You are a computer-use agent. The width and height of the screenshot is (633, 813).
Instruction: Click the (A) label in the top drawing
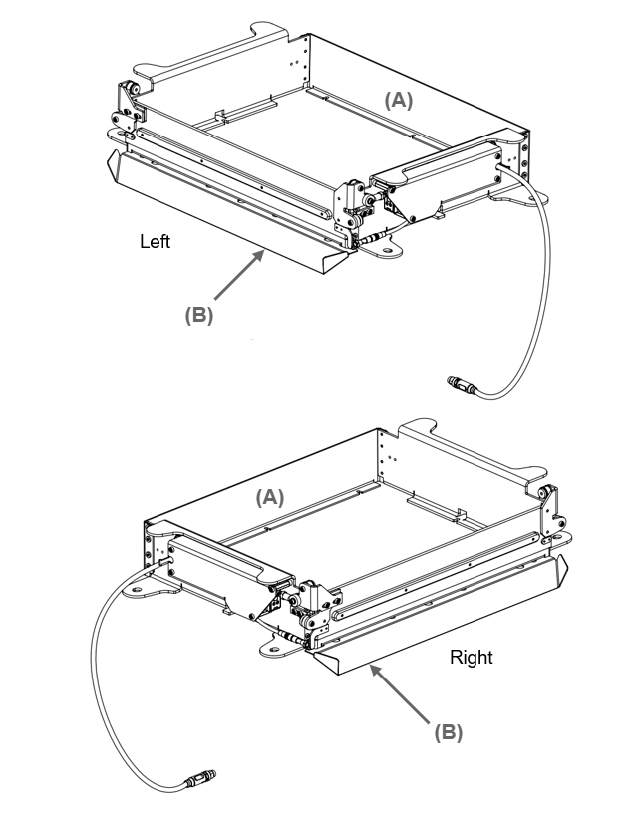(x=399, y=100)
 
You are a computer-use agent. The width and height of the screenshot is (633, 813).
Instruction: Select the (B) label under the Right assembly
(x=448, y=732)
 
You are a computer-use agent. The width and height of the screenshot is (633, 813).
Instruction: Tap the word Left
(x=156, y=241)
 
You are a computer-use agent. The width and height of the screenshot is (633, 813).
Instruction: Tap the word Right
(x=471, y=658)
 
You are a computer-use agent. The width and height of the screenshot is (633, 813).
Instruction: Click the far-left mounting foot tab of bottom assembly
(x=141, y=591)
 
